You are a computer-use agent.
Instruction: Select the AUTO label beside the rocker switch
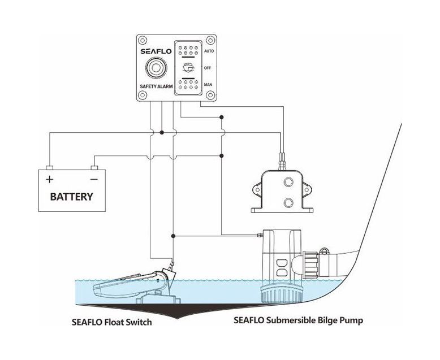tap(208, 51)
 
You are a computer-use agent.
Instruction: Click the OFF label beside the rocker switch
tap(207, 68)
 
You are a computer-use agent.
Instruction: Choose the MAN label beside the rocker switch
tap(208, 85)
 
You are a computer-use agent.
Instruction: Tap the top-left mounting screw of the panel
tap(141, 41)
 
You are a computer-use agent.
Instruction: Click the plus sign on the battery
tap(50, 179)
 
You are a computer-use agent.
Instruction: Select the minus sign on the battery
tap(94, 179)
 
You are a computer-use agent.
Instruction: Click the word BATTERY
tap(72, 198)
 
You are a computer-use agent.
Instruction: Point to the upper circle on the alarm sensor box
tap(288, 183)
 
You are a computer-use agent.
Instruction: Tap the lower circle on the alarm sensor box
tap(288, 202)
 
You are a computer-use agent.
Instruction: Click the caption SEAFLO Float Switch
tap(111, 324)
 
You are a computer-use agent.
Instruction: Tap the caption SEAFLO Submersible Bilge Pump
tap(298, 320)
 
